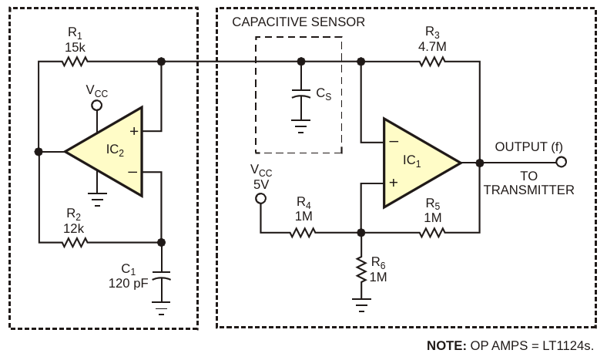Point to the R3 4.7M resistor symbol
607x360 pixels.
tap(432, 62)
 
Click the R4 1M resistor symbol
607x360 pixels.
tap(303, 231)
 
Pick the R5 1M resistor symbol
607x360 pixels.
tap(432, 231)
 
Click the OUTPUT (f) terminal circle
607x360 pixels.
tap(561, 162)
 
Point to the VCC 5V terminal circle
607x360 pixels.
tap(260, 199)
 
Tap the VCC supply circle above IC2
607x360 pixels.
tap(96, 106)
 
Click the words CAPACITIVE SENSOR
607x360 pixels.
tap(298, 22)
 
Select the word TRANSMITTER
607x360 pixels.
tap(528, 190)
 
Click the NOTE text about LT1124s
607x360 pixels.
tap(511, 345)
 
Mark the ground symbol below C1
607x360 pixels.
tap(161, 311)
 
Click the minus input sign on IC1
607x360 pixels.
tap(394, 142)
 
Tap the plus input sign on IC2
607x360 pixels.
tap(134, 131)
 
